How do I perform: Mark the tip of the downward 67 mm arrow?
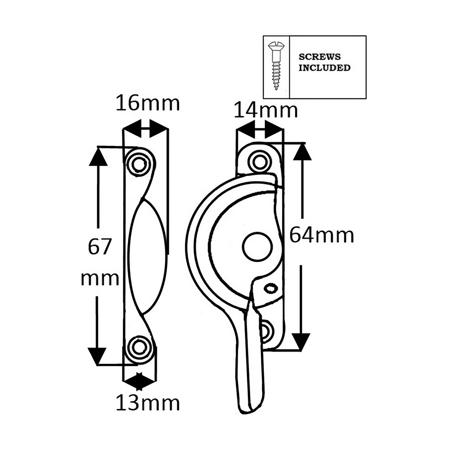(97, 365)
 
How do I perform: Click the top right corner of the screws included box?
(366, 36)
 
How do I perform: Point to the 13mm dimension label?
(148, 403)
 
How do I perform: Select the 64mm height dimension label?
(322, 235)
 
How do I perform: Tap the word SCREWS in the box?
(320, 57)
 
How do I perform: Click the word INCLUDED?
(324, 68)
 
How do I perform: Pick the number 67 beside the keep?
(100, 247)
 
